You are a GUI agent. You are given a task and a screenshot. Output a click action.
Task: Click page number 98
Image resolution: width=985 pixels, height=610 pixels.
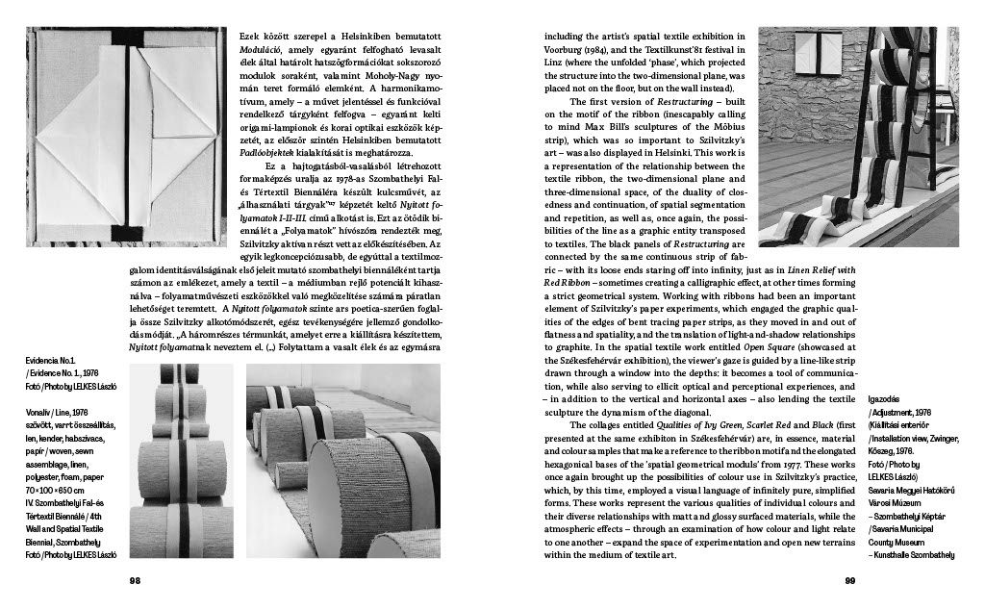pos(136,580)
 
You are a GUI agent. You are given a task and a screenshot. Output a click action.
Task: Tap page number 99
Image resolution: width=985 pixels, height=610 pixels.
pos(849,580)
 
